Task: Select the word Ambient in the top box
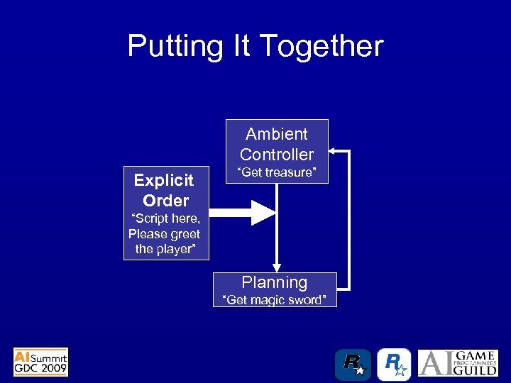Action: [x=277, y=134]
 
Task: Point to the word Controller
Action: [x=277, y=154]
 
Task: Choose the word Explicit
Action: [x=164, y=180]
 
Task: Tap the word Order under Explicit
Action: [x=165, y=200]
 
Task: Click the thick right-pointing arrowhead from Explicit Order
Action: [x=263, y=211]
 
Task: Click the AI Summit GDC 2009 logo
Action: [x=41, y=362]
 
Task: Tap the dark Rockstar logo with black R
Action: [x=353, y=365]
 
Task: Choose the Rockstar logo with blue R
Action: [x=394, y=365]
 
